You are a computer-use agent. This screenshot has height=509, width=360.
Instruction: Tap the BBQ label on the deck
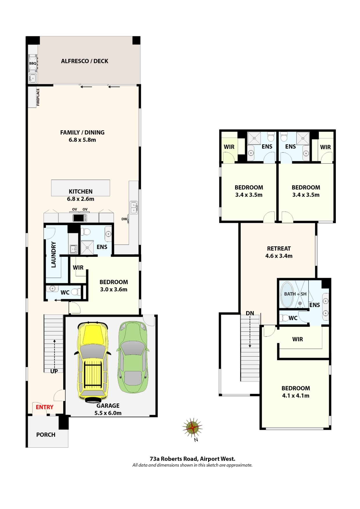click(33, 63)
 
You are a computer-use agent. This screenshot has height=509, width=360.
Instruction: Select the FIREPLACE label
click(38, 97)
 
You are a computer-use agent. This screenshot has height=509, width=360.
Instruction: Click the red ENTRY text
click(44, 407)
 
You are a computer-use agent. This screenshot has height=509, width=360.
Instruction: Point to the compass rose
click(192, 427)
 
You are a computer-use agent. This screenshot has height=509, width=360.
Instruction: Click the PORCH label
click(46, 435)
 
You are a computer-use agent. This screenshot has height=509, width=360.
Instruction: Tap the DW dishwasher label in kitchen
click(124, 219)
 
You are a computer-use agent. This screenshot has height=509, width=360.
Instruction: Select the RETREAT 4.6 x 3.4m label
click(279, 252)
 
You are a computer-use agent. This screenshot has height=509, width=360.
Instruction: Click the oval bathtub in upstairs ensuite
click(287, 294)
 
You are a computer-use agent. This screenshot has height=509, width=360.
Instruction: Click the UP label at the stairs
click(54, 371)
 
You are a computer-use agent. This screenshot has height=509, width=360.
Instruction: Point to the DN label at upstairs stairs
click(250, 313)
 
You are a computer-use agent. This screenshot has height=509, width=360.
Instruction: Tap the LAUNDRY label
click(53, 255)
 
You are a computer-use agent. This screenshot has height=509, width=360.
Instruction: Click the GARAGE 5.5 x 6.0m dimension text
click(108, 413)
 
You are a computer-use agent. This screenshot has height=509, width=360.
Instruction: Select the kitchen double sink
click(134, 208)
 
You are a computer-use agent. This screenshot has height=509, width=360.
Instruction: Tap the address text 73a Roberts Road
click(192, 459)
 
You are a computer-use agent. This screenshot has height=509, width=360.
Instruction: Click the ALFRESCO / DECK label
click(84, 61)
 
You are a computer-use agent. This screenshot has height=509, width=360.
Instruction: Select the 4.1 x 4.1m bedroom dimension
click(296, 396)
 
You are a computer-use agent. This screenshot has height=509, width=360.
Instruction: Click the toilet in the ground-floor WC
click(75, 292)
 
